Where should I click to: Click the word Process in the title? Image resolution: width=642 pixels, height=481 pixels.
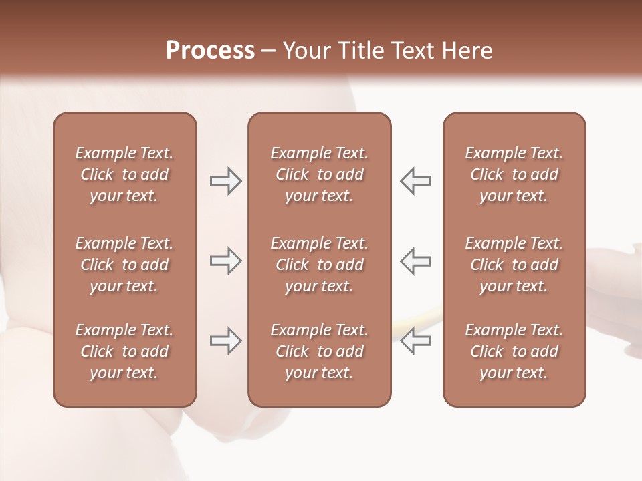click(x=210, y=51)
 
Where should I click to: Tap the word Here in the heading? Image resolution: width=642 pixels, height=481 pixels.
click(x=466, y=51)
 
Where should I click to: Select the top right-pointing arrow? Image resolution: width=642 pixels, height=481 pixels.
click(x=226, y=181)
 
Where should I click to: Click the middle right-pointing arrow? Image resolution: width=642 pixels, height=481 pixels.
click(x=226, y=261)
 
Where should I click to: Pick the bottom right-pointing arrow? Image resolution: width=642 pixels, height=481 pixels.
click(x=226, y=341)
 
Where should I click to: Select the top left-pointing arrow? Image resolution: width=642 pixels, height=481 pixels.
click(x=415, y=181)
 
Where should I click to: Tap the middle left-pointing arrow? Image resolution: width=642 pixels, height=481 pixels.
click(x=415, y=261)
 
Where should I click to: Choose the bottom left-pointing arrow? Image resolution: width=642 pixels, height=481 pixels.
click(x=415, y=341)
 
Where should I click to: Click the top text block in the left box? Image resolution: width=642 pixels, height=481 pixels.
click(x=124, y=174)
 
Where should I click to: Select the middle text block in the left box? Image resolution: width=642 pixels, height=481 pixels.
click(x=124, y=265)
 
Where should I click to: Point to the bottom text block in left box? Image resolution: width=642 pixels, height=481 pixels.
click(x=124, y=351)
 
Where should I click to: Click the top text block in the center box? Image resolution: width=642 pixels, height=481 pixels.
click(x=319, y=174)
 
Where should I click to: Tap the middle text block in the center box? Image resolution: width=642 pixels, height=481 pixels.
click(x=319, y=265)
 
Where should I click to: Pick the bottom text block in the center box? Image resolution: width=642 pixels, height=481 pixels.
click(x=319, y=351)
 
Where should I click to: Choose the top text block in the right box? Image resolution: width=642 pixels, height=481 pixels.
click(x=514, y=174)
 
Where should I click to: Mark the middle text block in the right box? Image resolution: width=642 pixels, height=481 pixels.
click(x=514, y=265)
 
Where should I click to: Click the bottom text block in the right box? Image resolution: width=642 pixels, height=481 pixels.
click(x=514, y=351)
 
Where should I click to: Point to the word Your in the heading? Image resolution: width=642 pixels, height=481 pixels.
click(x=306, y=51)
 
